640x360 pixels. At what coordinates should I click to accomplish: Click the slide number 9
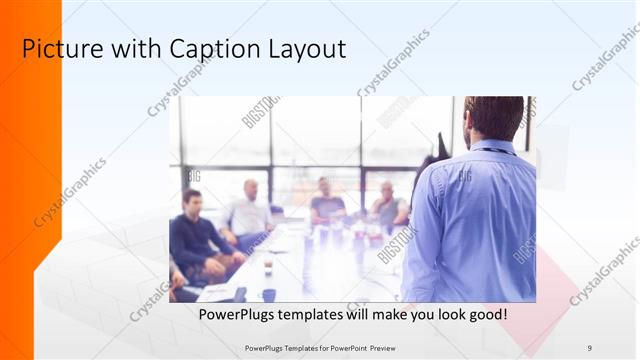point(590,347)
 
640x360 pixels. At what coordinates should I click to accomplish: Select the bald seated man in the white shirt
point(248,212)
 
